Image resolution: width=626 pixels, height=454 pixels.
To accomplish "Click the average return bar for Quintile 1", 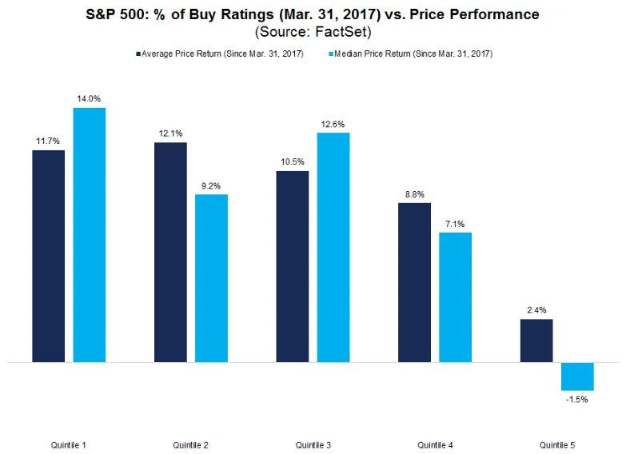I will [x=48, y=256].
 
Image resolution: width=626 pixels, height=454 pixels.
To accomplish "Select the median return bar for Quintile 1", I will [x=90, y=235].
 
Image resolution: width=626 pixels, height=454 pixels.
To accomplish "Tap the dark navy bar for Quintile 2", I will [x=170, y=253].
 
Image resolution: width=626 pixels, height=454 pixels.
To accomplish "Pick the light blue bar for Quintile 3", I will [x=333, y=247].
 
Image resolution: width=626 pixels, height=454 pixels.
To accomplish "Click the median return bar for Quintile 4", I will [x=456, y=297].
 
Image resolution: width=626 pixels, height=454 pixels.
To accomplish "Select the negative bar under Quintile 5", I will [x=577, y=376].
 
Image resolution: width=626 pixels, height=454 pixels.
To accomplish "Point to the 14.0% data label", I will [x=90, y=99].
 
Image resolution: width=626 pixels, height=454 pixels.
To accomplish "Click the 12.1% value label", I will [x=170, y=133].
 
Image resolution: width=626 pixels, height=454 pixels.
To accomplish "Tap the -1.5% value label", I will [x=577, y=399].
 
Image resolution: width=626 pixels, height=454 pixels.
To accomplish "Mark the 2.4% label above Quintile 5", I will [x=536, y=310].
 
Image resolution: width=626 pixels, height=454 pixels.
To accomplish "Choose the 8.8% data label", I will [x=414, y=193].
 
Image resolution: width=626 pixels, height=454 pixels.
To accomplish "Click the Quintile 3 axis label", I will [x=313, y=444].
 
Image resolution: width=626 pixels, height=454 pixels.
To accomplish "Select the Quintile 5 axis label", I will [x=556, y=444].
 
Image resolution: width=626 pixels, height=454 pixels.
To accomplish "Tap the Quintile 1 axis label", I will [x=69, y=444].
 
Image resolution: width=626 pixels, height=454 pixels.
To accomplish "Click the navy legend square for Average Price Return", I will [x=138, y=54].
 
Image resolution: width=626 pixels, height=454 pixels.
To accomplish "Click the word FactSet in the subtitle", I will [x=343, y=33].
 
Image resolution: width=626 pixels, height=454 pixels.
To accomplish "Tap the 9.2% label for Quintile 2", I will [x=211, y=185].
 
